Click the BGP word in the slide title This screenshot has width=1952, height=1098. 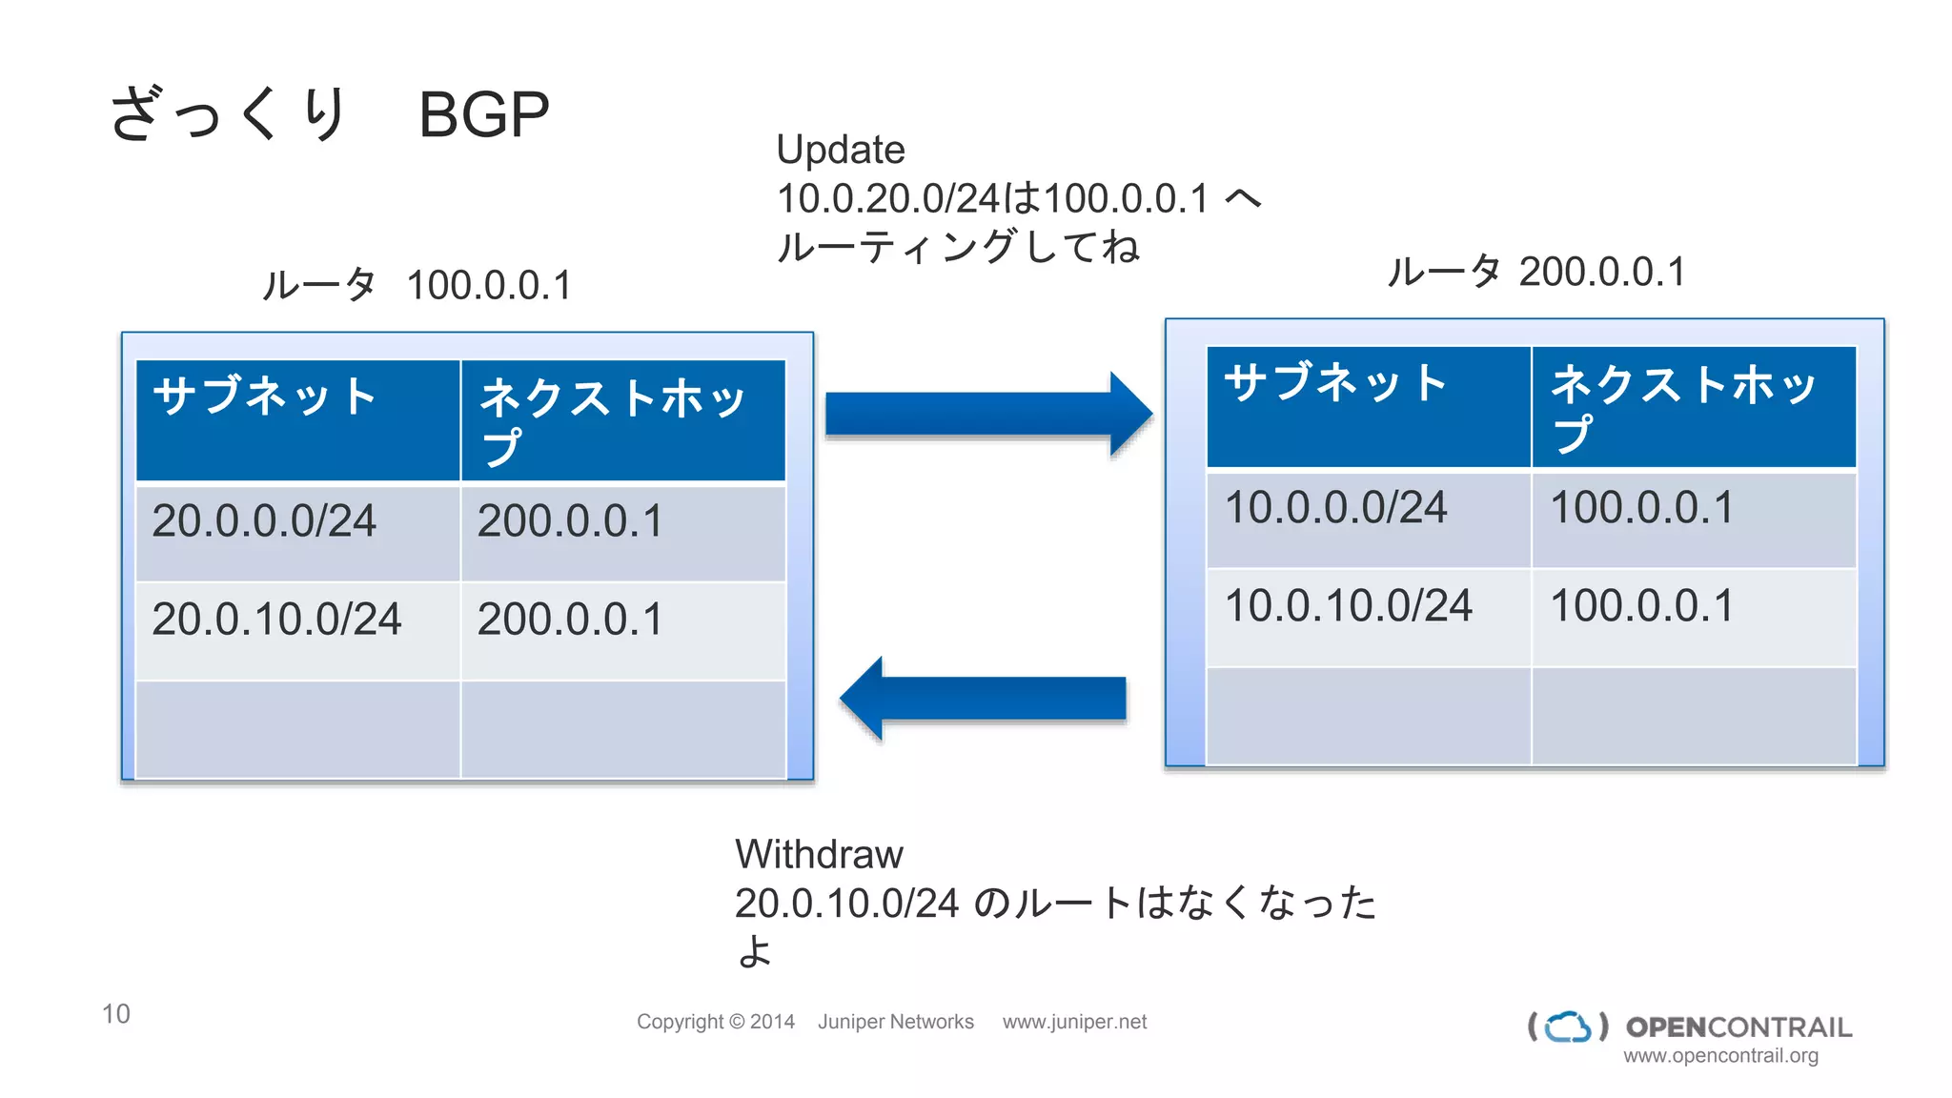(483, 116)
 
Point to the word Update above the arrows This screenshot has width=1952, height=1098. (840, 150)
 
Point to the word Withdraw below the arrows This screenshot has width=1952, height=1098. (819, 854)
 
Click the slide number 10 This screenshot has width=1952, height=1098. (116, 1013)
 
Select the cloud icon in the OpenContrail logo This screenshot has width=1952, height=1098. (1568, 1027)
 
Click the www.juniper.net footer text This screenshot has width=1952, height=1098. (1074, 1022)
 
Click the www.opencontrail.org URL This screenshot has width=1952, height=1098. (1720, 1056)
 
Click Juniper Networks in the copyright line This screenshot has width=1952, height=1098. (895, 1022)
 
